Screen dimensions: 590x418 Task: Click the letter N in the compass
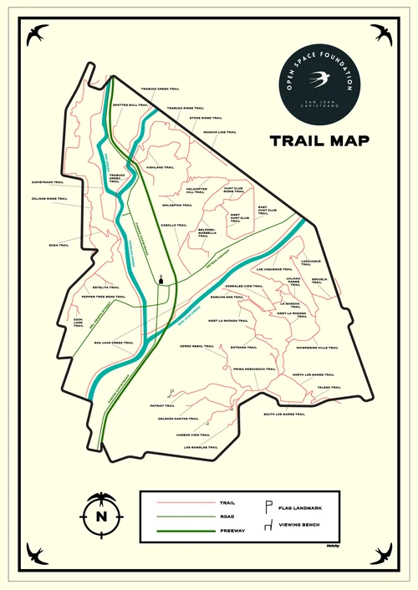[102, 516]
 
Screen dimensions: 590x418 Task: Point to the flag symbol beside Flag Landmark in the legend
[268, 506]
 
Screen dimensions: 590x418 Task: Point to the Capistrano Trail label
[48, 181]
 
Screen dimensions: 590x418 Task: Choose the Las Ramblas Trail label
[201, 447]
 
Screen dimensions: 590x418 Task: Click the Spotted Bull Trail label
[133, 104]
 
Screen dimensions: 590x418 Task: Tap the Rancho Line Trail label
[220, 132]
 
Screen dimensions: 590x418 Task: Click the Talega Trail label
[329, 387]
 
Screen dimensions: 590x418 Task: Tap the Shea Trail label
[59, 245]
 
